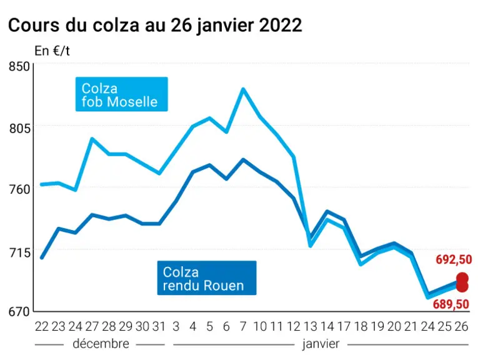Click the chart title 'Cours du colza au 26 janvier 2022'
155,25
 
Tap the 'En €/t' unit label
52,51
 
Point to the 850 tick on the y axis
19,66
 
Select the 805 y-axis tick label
19,128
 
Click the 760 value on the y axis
19,189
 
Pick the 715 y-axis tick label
19,252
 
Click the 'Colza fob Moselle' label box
122,94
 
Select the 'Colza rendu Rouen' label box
207,278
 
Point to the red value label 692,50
454,259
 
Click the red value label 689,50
451,304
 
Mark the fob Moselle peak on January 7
243,89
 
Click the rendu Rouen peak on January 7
243,160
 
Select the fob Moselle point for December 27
92,139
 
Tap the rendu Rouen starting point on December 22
42,258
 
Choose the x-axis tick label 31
159,326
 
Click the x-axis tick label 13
311,326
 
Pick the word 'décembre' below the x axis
101,344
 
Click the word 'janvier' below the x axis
321,344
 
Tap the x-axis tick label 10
260,326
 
